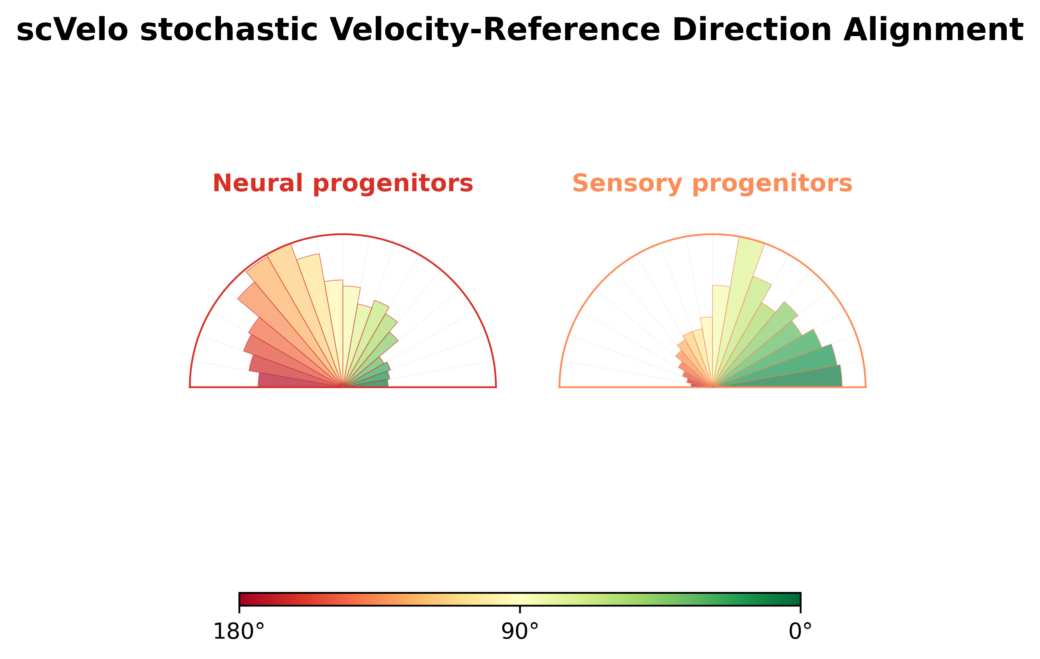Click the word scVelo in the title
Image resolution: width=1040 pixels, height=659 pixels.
72,30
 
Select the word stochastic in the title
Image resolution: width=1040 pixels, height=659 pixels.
229,30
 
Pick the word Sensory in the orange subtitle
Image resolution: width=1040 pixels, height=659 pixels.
627,184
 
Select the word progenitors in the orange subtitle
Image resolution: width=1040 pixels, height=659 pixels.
772,184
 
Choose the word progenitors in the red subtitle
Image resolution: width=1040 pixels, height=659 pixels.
393,184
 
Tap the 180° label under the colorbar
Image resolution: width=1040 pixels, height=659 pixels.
239,632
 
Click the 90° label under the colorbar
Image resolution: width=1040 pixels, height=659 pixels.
520,632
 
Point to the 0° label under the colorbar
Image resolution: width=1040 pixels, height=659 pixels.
800,632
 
